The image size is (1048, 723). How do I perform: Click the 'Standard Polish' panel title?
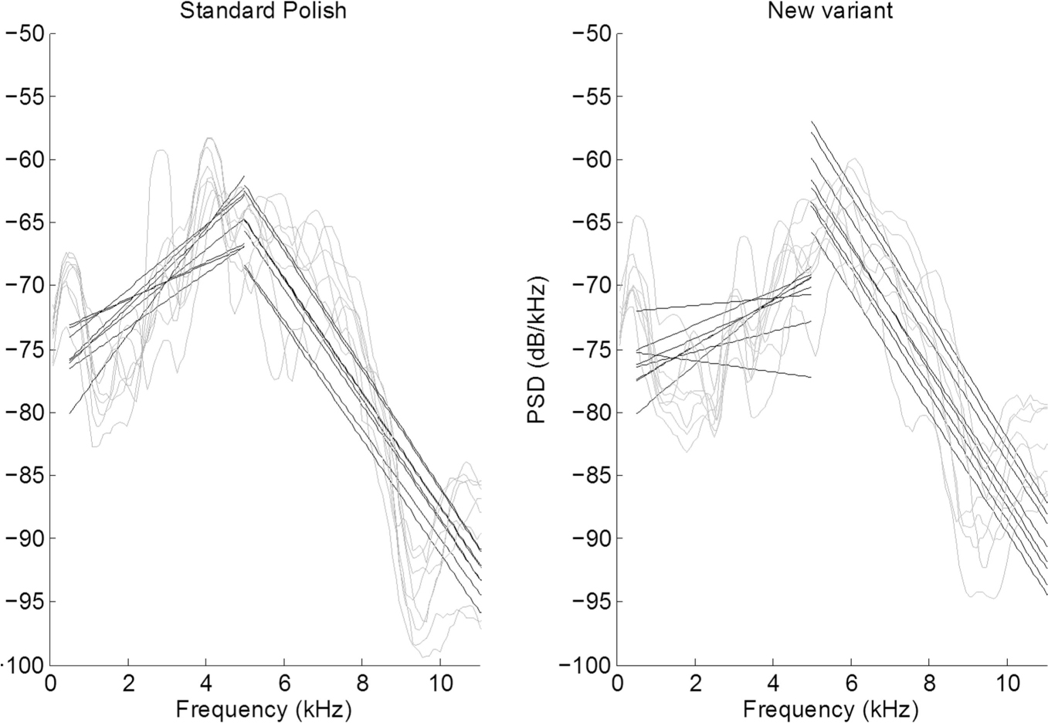[263, 11]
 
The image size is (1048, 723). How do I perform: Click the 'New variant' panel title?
[829, 11]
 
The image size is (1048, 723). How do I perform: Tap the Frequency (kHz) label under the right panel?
[831, 708]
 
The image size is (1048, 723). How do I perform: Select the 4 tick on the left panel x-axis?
[206, 684]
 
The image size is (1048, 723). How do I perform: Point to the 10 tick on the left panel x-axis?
[440, 684]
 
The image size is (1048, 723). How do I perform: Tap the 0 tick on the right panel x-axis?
[618, 684]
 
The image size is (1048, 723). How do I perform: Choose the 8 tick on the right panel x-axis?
[928, 684]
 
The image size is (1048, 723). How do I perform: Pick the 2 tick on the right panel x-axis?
[695, 684]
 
